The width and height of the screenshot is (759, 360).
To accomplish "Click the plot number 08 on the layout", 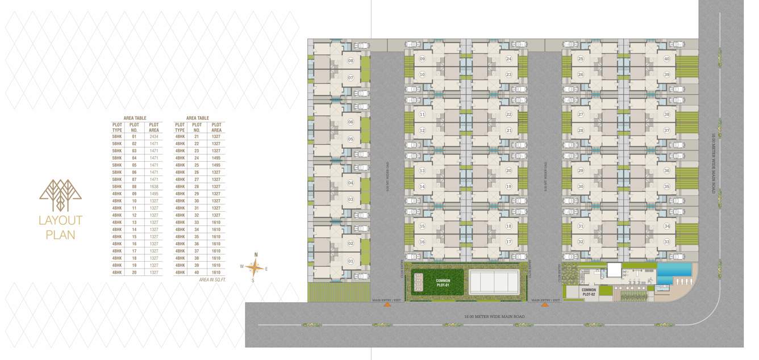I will (x=351, y=61).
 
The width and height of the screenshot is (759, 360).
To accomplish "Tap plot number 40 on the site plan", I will (x=666, y=59).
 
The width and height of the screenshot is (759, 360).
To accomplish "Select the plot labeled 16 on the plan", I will (x=422, y=242).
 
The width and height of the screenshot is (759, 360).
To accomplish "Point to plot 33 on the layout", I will (x=666, y=242).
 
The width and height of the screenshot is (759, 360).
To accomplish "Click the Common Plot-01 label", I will (x=443, y=283).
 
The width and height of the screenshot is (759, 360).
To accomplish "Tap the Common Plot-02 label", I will (x=588, y=292).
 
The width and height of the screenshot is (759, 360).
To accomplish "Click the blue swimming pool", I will (x=674, y=269).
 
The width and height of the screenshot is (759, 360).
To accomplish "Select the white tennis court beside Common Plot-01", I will (x=494, y=282).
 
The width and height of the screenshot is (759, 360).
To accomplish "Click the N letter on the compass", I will (x=256, y=255).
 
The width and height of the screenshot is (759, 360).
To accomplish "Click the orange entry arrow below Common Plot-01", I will (x=387, y=305).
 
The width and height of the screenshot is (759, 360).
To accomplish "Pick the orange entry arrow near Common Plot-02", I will (x=545, y=305).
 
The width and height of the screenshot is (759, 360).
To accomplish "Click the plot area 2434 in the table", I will (x=154, y=137).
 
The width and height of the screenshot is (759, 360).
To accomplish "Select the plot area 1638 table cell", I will (x=154, y=186).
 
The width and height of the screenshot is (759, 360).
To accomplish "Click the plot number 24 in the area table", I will (x=197, y=158).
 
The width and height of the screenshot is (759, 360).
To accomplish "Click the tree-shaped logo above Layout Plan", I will (x=60, y=195).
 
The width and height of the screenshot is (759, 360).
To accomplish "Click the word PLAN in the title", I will (x=60, y=234).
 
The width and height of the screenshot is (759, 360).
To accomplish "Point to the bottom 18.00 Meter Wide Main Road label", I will (x=494, y=316).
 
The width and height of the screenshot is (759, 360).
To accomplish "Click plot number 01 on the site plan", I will (x=351, y=261).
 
